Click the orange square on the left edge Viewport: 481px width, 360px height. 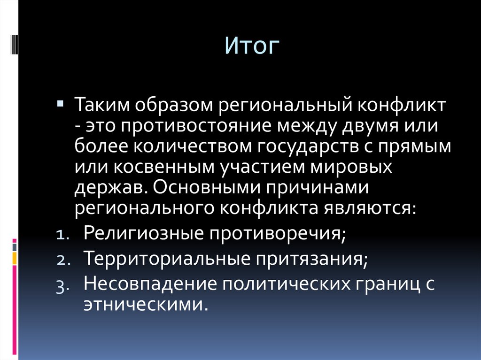(14, 258)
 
